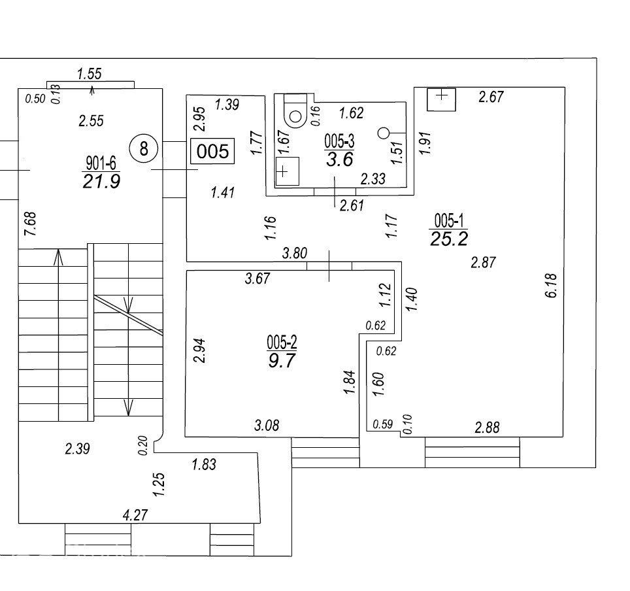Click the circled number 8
(144, 148)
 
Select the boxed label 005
(212, 151)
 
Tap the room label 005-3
(339, 141)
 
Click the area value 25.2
(449, 239)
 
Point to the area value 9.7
(282, 360)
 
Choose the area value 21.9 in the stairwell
(101, 182)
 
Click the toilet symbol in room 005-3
(295, 110)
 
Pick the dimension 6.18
(552, 286)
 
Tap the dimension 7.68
(31, 224)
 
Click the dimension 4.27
(135, 515)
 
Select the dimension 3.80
(295, 253)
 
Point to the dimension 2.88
(487, 428)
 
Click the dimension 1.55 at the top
(89, 74)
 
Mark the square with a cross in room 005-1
(441, 99)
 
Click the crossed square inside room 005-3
(288, 171)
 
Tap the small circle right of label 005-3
(384, 133)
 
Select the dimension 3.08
(267, 425)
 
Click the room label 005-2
(282, 343)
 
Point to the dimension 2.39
(78, 448)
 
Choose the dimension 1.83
(204, 464)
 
